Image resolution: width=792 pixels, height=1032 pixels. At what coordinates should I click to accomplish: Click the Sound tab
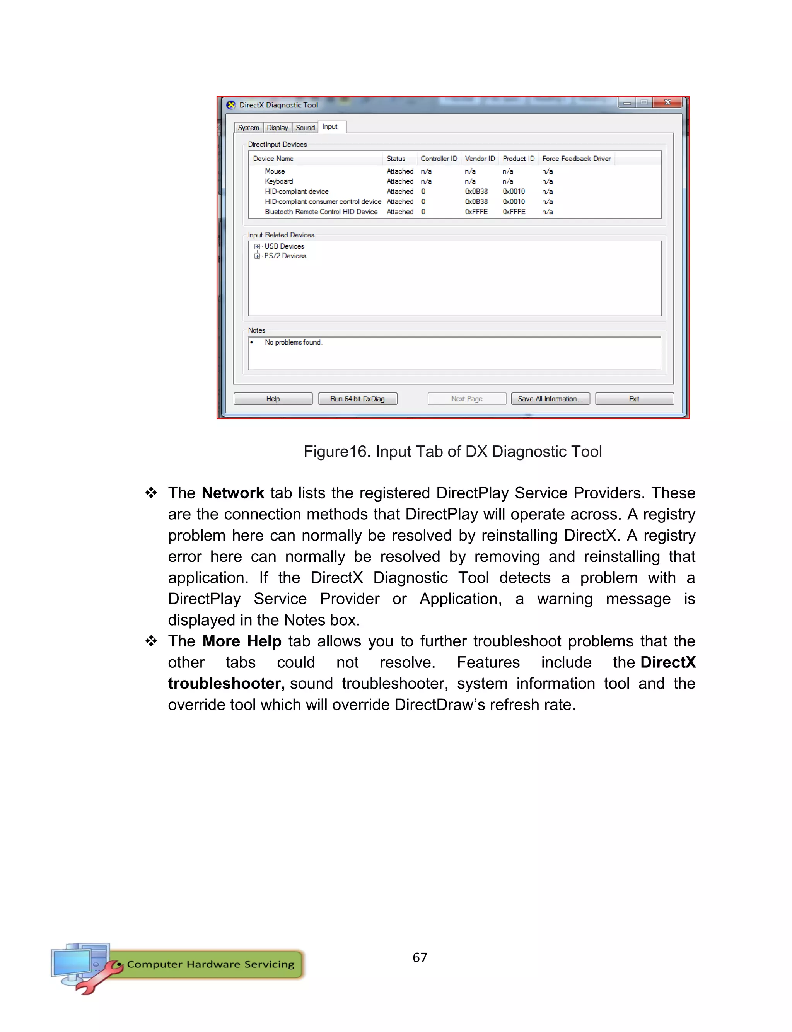(305, 128)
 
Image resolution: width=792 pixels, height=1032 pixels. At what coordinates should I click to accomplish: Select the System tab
(248, 128)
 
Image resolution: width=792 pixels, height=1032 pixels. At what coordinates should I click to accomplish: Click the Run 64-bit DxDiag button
(357, 399)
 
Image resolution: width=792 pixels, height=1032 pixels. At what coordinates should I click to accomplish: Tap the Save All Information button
(550, 399)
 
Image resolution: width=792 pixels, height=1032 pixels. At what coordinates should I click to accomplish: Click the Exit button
(634, 399)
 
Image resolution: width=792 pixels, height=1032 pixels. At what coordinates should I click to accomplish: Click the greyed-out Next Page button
(467, 399)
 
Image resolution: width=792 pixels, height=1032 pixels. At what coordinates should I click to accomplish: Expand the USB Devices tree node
(257, 246)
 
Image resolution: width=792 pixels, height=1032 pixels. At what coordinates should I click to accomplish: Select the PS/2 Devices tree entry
(285, 256)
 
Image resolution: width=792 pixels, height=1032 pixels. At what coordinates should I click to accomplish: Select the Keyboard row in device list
(278, 181)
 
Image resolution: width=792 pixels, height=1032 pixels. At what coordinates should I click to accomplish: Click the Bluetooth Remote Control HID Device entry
(321, 212)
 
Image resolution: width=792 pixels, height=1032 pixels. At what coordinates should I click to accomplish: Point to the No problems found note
(293, 343)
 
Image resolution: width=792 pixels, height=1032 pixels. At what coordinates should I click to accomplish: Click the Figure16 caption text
(452, 452)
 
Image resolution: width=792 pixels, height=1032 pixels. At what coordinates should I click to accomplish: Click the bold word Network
(232, 493)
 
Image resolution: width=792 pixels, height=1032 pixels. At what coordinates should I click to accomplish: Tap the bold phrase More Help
(242, 641)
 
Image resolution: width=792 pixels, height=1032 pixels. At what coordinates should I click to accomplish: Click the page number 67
(420, 957)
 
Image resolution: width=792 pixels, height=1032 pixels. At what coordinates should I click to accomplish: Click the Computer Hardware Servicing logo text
(210, 964)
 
